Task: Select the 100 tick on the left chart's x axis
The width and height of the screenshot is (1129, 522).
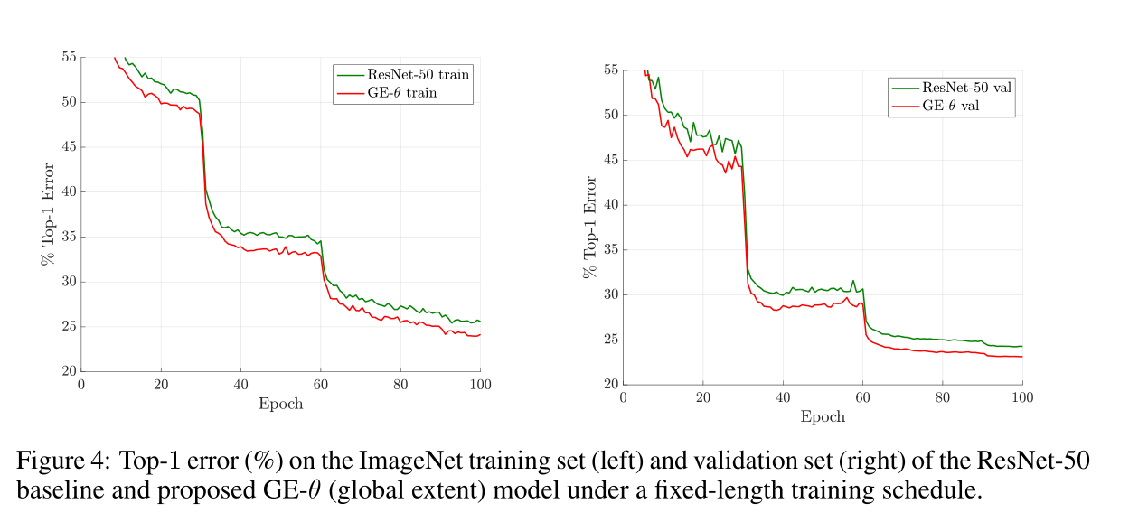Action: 480,384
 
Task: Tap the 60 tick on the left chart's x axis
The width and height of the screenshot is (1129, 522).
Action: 320,384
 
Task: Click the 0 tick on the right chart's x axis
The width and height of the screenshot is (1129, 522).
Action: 623,397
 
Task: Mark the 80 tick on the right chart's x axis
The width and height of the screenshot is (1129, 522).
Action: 942,397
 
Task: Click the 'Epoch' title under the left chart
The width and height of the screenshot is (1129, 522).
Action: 280,404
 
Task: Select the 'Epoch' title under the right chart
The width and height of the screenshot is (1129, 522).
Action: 823,416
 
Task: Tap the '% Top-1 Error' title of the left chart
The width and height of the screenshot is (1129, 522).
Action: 47,214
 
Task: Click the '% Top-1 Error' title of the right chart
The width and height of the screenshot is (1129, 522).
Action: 589,227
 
